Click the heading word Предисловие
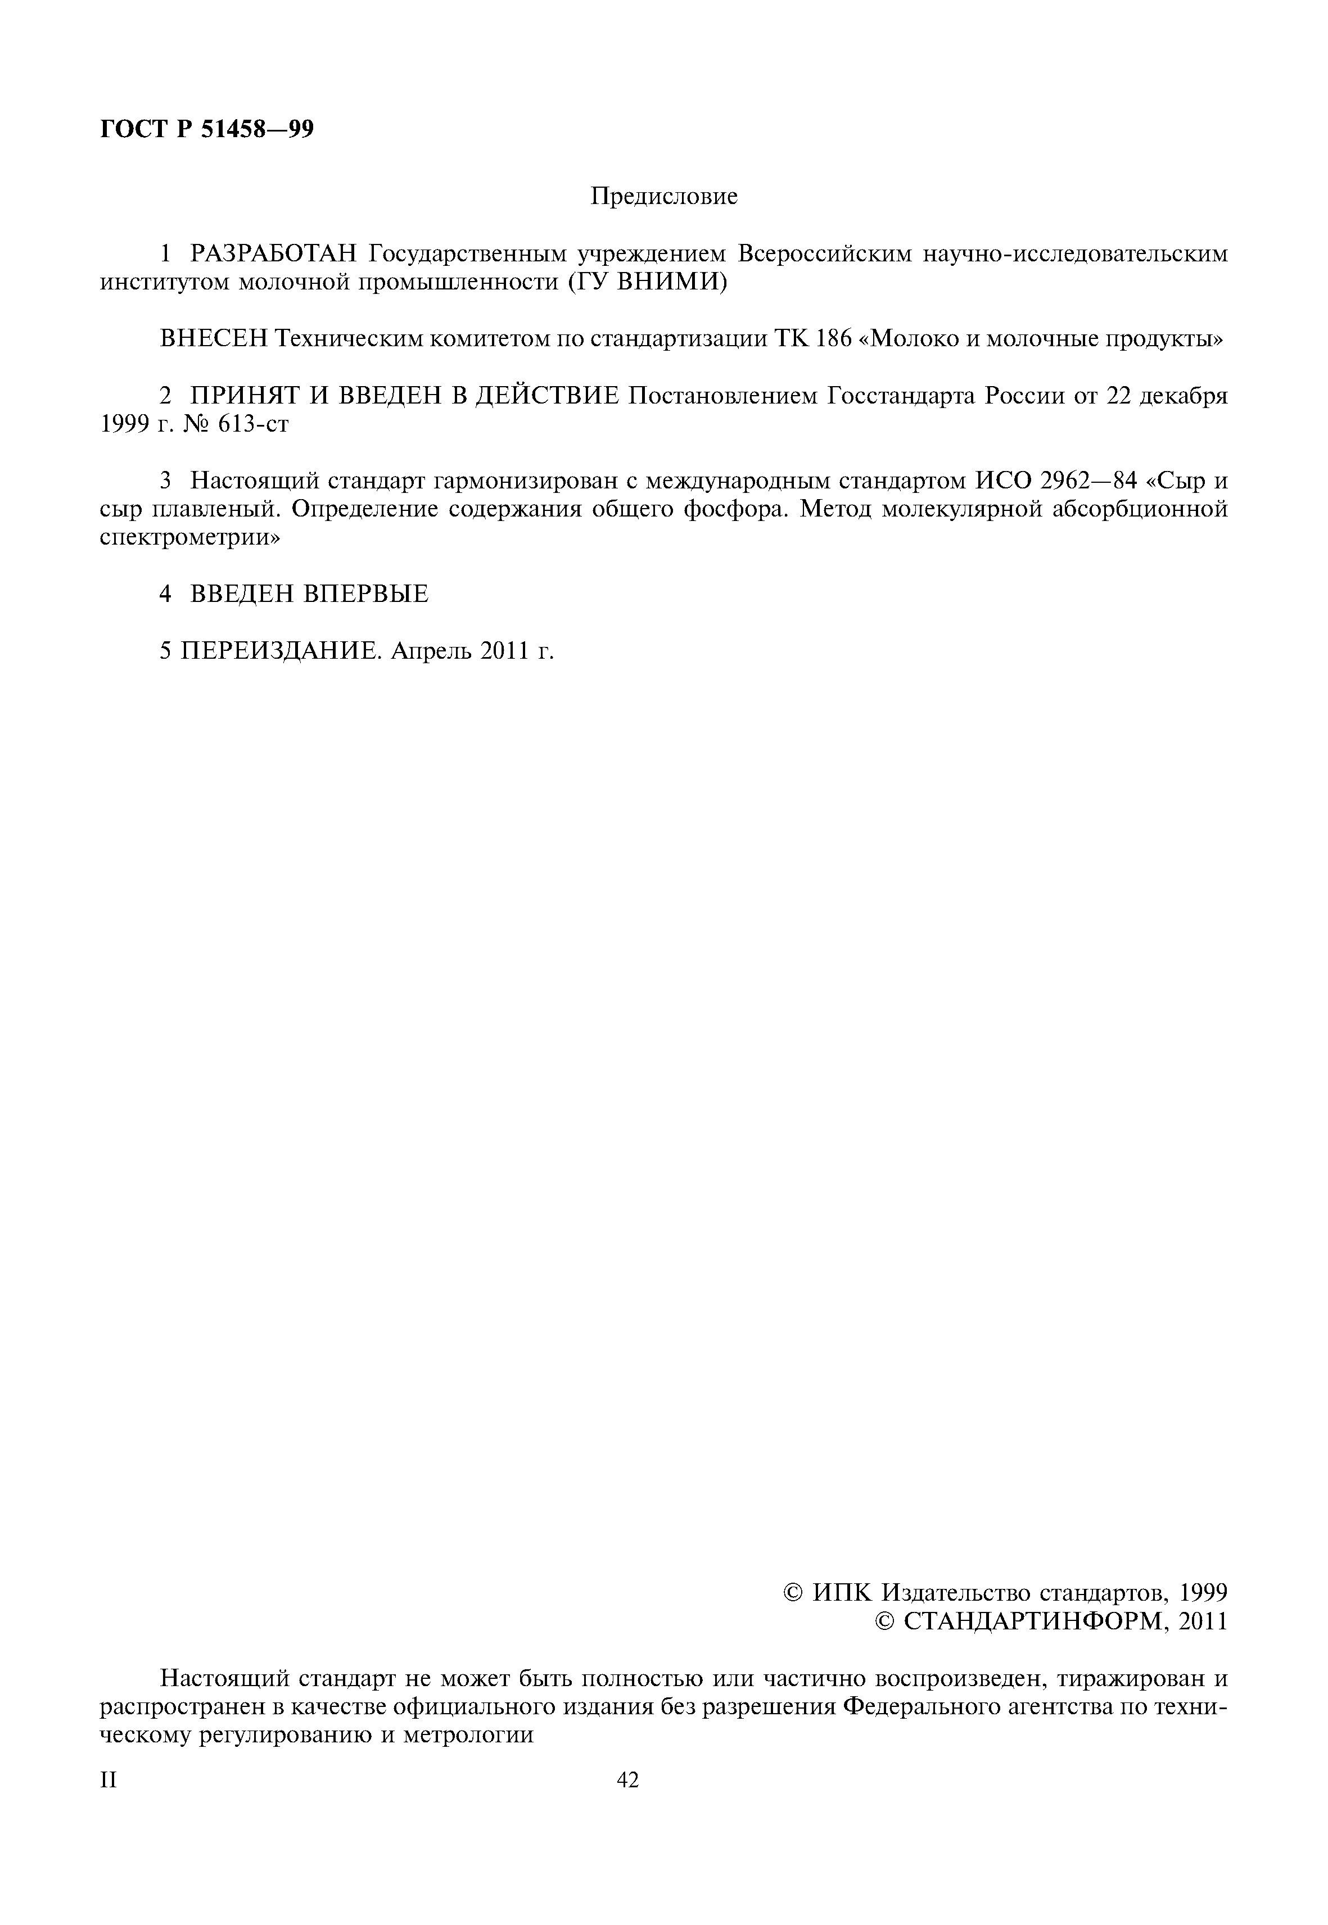[x=664, y=197]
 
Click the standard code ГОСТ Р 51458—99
[x=207, y=130]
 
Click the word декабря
[x=1183, y=396]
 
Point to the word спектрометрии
[x=189, y=537]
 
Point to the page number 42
[x=627, y=1779]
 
